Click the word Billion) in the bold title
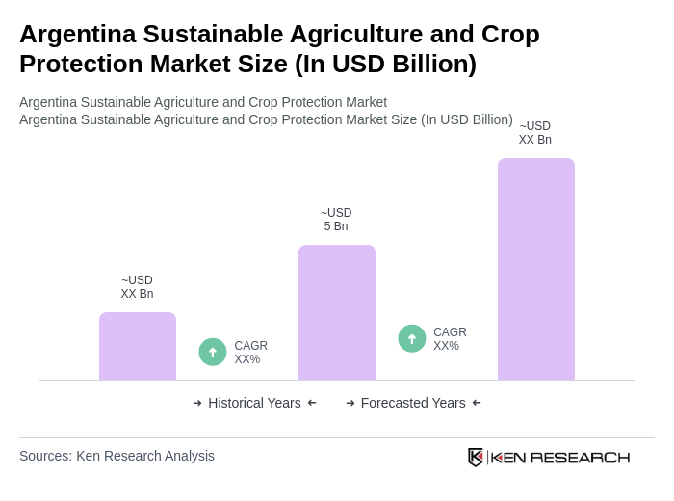tap(429, 64)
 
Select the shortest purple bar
tap(138, 346)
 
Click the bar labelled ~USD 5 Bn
tap(337, 312)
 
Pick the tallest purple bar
tap(536, 269)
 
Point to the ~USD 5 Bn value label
tap(336, 220)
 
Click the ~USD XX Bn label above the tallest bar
tap(535, 133)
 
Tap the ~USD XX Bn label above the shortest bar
tap(137, 287)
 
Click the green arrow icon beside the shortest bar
tap(213, 352)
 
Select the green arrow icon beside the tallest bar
tap(412, 338)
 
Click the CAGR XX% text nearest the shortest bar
tap(250, 353)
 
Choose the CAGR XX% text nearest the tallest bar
tap(450, 339)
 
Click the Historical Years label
tap(254, 403)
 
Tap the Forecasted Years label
tap(413, 403)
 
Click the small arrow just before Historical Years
tap(197, 403)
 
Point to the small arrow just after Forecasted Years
tap(477, 403)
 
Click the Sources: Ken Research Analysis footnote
tap(117, 456)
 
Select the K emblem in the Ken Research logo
tap(476, 457)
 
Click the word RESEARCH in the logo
tap(580, 457)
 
